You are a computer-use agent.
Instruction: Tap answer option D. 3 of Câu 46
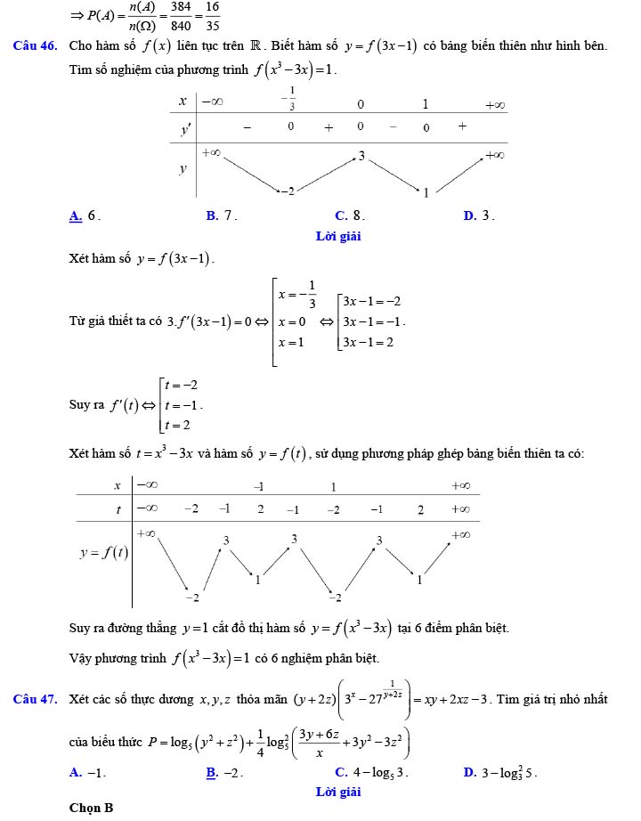pos(479,215)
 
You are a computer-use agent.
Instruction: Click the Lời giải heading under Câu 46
pos(338,236)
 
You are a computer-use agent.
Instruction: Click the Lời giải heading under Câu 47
pos(338,791)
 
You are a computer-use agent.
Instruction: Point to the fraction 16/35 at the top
pos(212,14)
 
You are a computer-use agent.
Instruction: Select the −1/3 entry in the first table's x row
pos(288,98)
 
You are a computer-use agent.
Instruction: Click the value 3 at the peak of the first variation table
pos(361,156)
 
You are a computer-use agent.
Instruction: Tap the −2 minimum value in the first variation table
pos(286,191)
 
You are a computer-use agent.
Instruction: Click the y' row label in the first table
pos(185,129)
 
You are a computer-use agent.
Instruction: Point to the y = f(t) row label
pos(104,552)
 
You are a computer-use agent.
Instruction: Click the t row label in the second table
pos(118,509)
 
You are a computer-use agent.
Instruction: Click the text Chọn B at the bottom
pos(92,808)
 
